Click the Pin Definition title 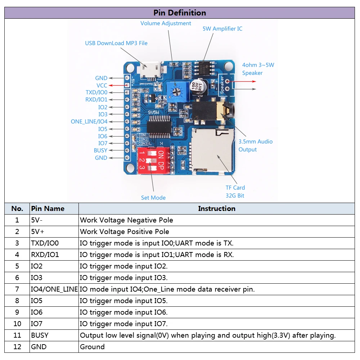click(x=180, y=13)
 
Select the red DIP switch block click(x=151, y=159)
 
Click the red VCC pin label click(x=102, y=85)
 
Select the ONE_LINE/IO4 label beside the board click(x=89, y=122)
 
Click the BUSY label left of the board click(x=100, y=150)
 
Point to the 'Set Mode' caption click(x=153, y=198)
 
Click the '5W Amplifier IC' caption click(x=222, y=29)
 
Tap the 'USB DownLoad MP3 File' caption click(x=116, y=43)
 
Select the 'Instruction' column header click(x=216, y=208)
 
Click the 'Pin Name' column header click(x=48, y=208)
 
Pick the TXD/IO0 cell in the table click(x=45, y=243)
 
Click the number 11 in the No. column click(x=17, y=335)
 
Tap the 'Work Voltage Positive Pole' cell click(x=125, y=231)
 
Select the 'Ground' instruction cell click(x=93, y=347)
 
